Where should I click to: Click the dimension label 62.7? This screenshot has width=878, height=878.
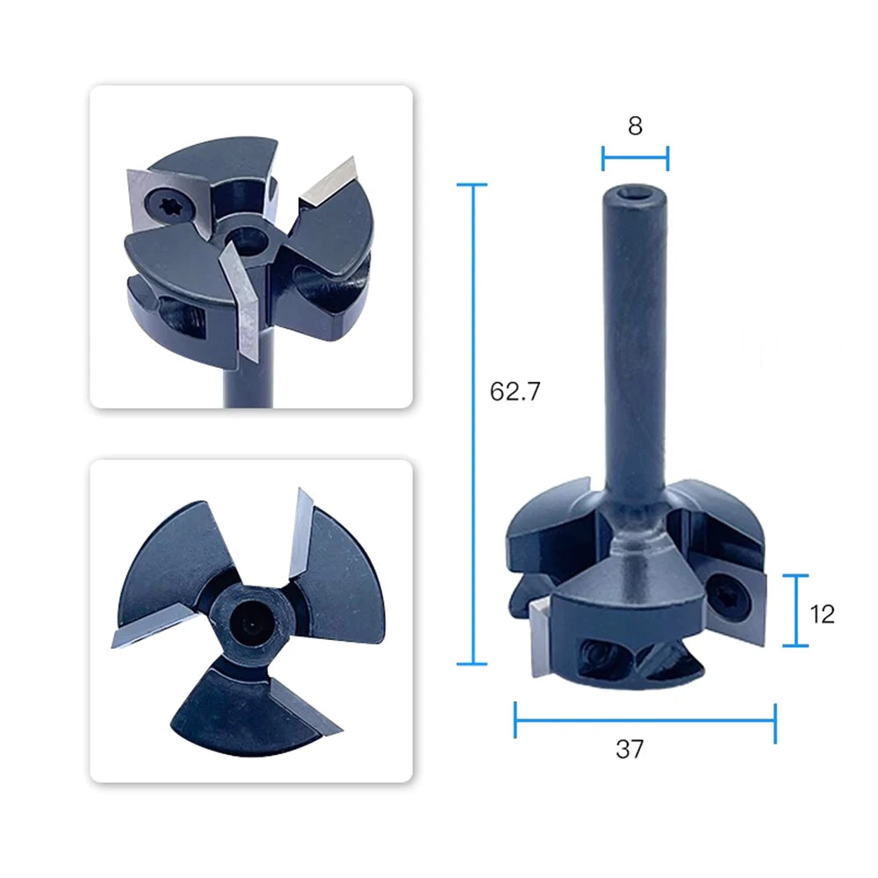click(515, 392)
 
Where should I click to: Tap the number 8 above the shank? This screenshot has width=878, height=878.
click(635, 126)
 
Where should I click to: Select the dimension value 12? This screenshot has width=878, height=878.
click(822, 615)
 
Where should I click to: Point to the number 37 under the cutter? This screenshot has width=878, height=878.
click(630, 749)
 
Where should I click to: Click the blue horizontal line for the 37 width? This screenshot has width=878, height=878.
click(645, 720)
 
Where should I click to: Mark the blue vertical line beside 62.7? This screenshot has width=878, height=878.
click(473, 424)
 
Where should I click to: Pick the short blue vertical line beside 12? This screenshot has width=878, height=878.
click(795, 610)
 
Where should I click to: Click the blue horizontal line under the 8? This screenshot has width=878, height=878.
click(635, 157)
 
